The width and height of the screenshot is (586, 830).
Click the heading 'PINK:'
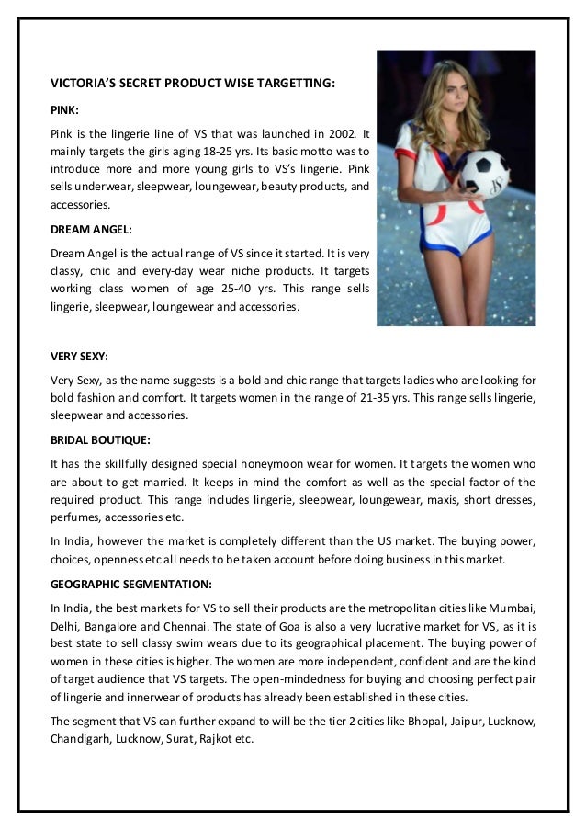click(63, 108)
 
